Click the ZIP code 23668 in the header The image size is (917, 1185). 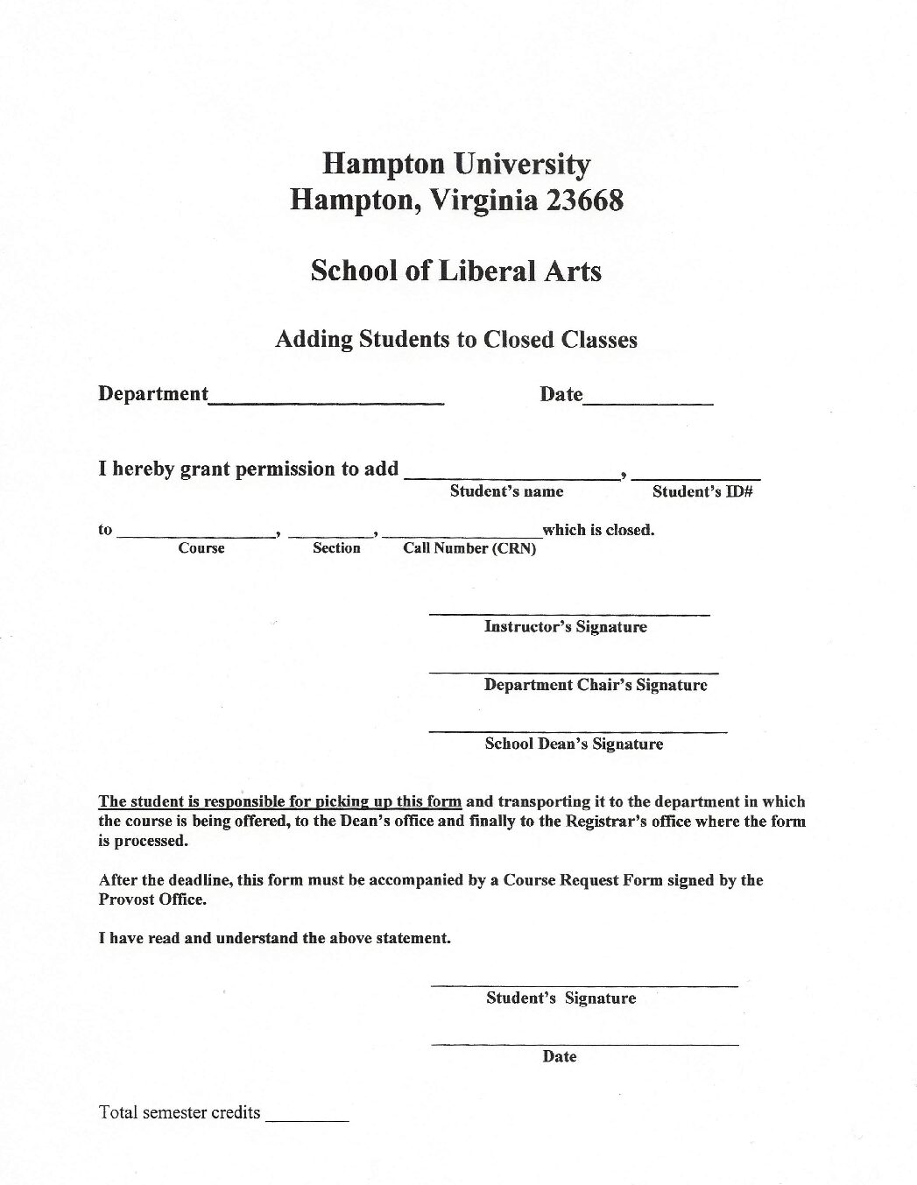(x=584, y=201)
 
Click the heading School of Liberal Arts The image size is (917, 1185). (x=456, y=271)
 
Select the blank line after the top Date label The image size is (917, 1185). (x=648, y=402)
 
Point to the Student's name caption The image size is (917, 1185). (x=506, y=491)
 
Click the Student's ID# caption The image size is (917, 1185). (x=702, y=491)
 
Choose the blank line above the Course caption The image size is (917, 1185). (x=196, y=535)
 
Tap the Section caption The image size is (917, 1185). (x=336, y=548)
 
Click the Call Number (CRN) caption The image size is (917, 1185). (x=469, y=549)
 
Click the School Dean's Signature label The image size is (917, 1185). (x=574, y=744)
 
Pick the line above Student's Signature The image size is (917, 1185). (x=584, y=986)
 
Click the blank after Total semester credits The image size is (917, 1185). (x=307, y=1120)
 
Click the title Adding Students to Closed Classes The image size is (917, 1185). (x=456, y=339)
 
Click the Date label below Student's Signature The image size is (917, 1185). (x=559, y=1056)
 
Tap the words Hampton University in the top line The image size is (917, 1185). (x=456, y=164)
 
